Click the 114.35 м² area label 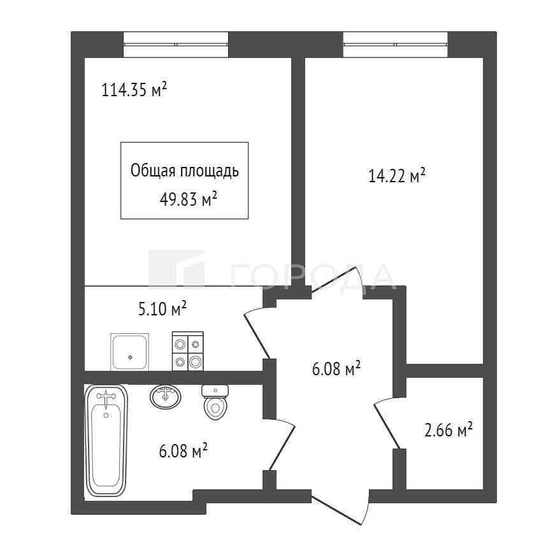[x=134, y=89]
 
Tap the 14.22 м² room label [x=397, y=175]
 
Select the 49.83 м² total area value [x=189, y=199]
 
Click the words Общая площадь [x=185, y=171]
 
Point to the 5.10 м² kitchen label [x=162, y=308]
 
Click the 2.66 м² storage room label [x=449, y=429]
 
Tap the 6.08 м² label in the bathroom [x=183, y=451]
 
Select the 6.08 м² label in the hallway [x=336, y=369]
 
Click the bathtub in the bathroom [x=106, y=440]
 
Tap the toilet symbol [x=215, y=402]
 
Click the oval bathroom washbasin [x=166, y=397]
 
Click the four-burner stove [x=188, y=351]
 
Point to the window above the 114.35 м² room [x=176, y=45]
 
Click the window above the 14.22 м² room [x=395, y=45]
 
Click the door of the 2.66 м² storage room [x=387, y=425]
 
